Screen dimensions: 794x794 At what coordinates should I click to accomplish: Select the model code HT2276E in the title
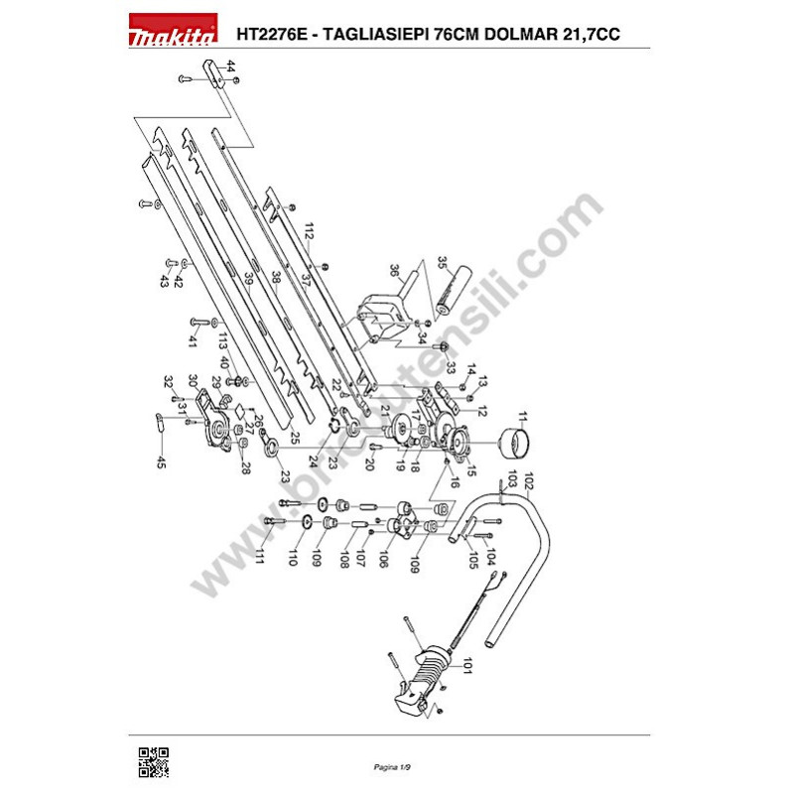point(275,33)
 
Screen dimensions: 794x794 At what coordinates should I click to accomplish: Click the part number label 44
point(230,67)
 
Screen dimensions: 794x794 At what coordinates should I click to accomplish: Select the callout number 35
point(443,266)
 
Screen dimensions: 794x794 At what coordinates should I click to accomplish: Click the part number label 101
point(466,665)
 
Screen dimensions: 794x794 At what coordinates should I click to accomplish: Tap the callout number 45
point(160,462)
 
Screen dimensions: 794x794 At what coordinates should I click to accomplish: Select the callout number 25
point(295,438)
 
